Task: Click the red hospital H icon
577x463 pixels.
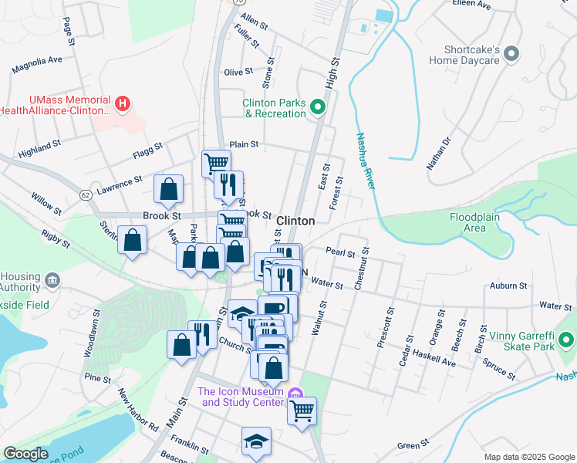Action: click(121, 103)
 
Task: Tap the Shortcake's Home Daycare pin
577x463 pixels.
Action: click(514, 54)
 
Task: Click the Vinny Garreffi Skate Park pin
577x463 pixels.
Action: click(565, 340)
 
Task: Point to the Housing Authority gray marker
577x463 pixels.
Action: click(52, 279)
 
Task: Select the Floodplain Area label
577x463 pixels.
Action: click(479, 222)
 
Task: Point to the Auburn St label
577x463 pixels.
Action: click(508, 286)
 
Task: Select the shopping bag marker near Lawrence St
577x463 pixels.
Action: click(169, 188)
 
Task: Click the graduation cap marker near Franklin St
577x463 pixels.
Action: click(256, 441)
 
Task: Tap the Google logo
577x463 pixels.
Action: click(25, 454)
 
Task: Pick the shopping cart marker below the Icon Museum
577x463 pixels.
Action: click(302, 410)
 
